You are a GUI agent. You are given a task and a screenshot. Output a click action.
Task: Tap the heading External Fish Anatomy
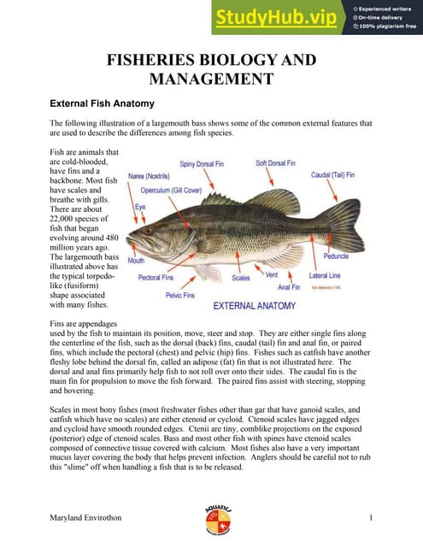tap(103, 104)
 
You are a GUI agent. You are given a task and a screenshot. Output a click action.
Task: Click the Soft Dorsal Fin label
tap(275, 162)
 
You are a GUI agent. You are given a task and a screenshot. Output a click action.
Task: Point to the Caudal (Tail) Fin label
tap(337, 174)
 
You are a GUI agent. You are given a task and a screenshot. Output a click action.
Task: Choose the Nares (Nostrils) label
tap(149, 175)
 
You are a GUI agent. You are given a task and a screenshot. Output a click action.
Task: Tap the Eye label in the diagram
tap(142, 207)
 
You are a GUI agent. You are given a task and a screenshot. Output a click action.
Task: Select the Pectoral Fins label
tap(156, 278)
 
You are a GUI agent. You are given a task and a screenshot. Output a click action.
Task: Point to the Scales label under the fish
tap(241, 278)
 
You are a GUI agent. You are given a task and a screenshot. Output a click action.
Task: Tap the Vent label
tap(272, 275)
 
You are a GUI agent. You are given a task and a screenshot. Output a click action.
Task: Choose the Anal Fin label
tap(289, 287)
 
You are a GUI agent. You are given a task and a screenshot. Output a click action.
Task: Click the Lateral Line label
tap(325, 275)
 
